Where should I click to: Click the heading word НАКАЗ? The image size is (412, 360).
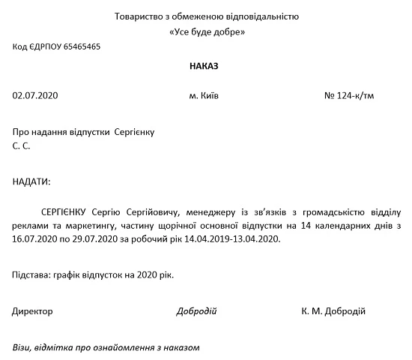point(206,66)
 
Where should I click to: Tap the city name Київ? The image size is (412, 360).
point(211,97)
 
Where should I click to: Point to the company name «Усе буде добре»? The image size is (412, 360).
point(207,32)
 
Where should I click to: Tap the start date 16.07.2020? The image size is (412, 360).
point(31,239)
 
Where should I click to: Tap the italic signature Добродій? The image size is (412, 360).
point(196,310)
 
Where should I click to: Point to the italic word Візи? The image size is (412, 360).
point(23,347)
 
